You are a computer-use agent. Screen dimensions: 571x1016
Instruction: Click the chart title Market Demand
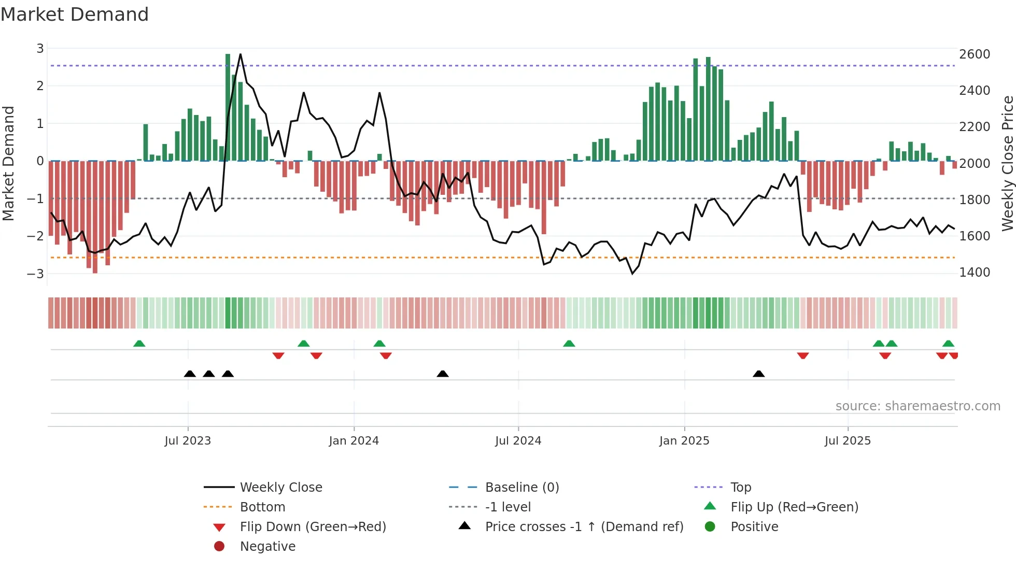75,15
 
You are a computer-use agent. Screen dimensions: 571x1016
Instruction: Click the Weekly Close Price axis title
1007,163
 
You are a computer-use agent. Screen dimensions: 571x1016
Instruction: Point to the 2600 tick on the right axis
974,54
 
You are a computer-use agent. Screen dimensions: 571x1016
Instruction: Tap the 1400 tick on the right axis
974,273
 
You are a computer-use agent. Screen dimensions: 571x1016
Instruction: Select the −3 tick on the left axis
36,274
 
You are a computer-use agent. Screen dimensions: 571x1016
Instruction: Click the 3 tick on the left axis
40,49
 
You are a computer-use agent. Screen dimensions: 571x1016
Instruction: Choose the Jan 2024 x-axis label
354,441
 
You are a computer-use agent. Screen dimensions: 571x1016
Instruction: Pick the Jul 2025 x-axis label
848,441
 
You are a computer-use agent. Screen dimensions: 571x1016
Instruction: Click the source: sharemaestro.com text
918,406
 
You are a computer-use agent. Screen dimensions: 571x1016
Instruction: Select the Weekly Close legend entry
280,488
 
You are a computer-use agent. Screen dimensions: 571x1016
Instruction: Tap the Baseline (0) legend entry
521,488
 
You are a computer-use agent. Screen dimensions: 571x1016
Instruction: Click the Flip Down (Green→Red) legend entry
313,527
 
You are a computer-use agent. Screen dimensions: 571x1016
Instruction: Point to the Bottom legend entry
262,507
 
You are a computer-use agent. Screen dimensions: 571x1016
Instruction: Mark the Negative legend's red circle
219,547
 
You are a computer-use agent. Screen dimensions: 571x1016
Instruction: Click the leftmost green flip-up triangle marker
139,344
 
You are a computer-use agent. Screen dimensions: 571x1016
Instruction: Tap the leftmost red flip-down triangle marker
278,355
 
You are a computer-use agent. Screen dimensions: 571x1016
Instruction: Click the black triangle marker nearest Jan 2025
758,374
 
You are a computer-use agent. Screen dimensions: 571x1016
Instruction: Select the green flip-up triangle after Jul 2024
569,344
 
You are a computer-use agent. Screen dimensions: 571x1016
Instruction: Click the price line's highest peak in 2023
240,54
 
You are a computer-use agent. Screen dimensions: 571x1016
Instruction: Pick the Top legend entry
740,488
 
